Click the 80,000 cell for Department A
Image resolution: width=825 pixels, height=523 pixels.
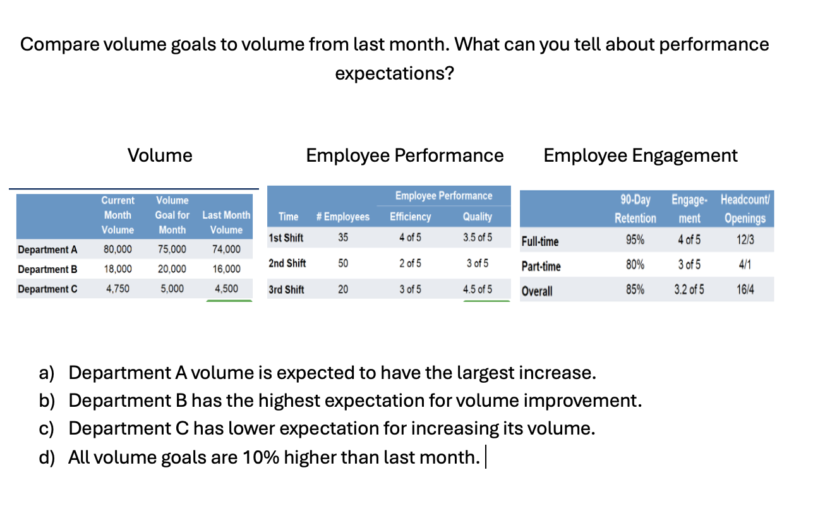pyautogui.click(x=117, y=249)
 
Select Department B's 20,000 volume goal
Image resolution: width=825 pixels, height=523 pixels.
pyautogui.click(x=172, y=269)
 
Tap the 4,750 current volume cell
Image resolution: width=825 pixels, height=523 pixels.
pyautogui.click(x=117, y=289)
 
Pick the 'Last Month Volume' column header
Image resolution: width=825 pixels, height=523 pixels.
pyautogui.click(x=226, y=222)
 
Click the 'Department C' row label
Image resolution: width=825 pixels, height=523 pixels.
pyautogui.click(x=48, y=289)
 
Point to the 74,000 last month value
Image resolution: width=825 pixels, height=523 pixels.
pyautogui.click(x=226, y=249)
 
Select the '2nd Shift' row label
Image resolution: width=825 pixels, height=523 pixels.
pyautogui.click(x=287, y=263)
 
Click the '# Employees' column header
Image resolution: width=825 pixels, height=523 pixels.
pyautogui.click(x=342, y=217)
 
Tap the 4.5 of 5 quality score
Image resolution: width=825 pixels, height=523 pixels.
pyautogui.click(x=477, y=289)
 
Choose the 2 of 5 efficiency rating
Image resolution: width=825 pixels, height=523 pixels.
pyautogui.click(x=410, y=263)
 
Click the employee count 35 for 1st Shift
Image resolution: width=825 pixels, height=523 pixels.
pyautogui.click(x=342, y=238)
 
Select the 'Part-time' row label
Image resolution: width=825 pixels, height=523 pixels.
pyautogui.click(x=541, y=267)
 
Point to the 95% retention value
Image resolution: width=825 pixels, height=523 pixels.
pyautogui.click(x=635, y=240)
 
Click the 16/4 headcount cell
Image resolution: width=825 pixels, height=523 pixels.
pyautogui.click(x=745, y=291)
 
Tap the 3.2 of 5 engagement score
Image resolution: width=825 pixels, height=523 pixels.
pyautogui.click(x=689, y=291)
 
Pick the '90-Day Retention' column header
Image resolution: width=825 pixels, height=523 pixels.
pyautogui.click(x=635, y=209)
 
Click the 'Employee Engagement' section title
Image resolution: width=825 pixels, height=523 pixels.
pyautogui.click(x=640, y=155)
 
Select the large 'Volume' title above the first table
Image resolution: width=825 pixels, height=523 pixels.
pyautogui.click(x=160, y=155)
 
